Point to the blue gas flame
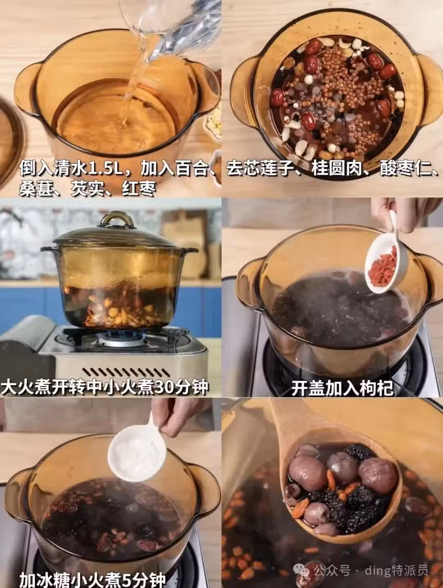coord(121,335)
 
